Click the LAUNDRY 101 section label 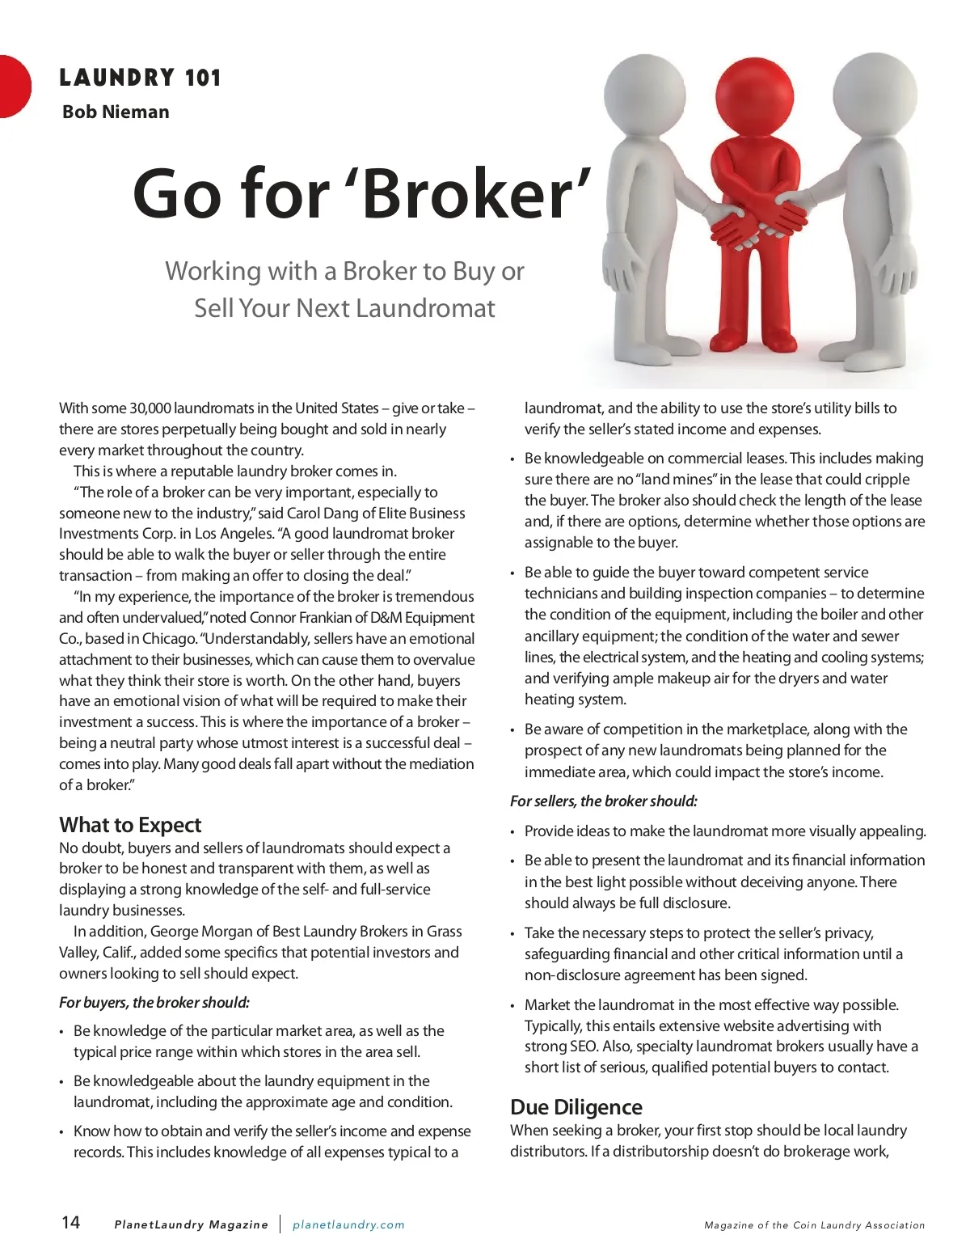[x=140, y=78]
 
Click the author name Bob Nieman [x=116, y=112]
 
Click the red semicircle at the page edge [x=14, y=86]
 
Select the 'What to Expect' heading [x=130, y=825]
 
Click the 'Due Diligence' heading [x=576, y=1107]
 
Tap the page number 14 [x=71, y=1222]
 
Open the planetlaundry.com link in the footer [x=348, y=1224]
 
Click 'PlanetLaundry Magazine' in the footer [x=191, y=1224]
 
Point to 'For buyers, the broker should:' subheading [x=154, y=1003]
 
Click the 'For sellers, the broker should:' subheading [x=604, y=801]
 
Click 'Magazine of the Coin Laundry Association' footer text [x=814, y=1225]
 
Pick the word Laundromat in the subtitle [x=425, y=308]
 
